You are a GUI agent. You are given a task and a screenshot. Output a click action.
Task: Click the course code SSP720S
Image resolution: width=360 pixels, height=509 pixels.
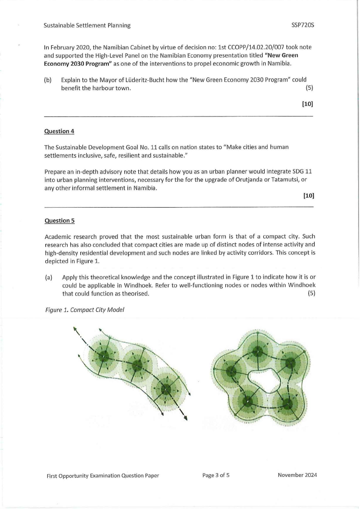(x=302, y=25)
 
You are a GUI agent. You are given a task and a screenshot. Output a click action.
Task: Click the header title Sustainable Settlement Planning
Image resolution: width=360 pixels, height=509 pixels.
(x=87, y=25)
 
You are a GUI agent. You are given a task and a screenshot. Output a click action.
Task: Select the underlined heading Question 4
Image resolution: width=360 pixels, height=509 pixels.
(x=59, y=131)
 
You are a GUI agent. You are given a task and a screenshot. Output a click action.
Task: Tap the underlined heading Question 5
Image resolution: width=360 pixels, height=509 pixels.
(x=59, y=221)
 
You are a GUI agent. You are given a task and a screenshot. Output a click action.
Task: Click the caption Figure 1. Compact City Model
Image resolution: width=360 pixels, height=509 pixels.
(x=84, y=310)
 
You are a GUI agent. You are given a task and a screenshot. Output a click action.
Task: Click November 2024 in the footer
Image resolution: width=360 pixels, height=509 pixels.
(x=297, y=475)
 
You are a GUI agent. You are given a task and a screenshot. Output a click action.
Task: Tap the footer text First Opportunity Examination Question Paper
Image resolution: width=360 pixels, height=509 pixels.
(x=103, y=475)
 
